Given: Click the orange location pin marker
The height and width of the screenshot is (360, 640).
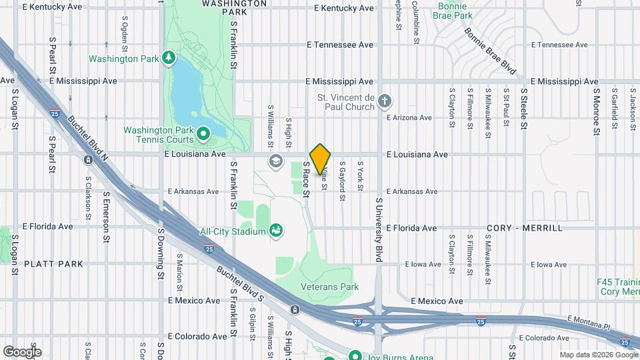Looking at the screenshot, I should pyautogui.click(x=321, y=159).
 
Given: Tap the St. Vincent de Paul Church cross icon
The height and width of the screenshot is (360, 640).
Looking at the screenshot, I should pyautogui.click(x=384, y=101).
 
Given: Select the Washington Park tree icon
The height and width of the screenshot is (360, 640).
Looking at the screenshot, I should pyautogui.click(x=169, y=58).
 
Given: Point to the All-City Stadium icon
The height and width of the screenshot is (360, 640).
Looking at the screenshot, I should pyautogui.click(x=276, y=231).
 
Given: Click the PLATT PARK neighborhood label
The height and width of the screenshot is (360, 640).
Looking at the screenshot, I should pyautogui.click(x=54, y=264).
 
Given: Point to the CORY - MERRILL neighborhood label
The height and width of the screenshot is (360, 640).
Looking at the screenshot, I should pyautogui.click(x=525, y=228).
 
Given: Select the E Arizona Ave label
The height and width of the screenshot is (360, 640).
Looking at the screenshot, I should pyautogui.click(x=409, y=118).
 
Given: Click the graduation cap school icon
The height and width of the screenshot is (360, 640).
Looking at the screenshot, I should pyautogui.click(x=275, y=161).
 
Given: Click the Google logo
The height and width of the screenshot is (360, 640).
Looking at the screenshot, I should pyautogui.click(x=22, y=351).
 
